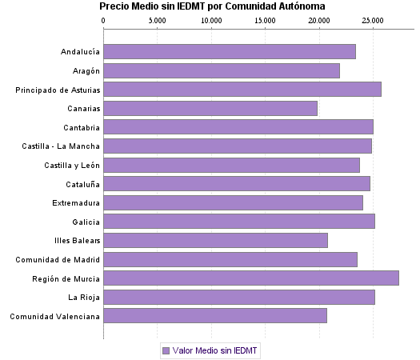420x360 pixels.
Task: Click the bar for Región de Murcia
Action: [251, 278]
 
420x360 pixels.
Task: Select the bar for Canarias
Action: [210, 108]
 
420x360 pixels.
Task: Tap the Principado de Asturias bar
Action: [242, 89]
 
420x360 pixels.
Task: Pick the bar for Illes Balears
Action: [215, 240]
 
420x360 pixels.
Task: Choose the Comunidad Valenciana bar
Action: [215, 316]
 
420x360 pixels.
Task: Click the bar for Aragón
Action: [222, 70]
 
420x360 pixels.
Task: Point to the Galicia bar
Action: [239, 222]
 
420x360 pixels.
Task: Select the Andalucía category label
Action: [80, 52]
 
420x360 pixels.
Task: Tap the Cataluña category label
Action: [82, 184]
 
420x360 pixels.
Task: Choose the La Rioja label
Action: [84, 298]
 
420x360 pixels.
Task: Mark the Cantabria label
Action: [82, 127]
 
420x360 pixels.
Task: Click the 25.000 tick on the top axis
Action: [372, 19]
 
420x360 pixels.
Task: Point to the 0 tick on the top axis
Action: [104, 19]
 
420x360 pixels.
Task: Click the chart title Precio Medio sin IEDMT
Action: [212, 6]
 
